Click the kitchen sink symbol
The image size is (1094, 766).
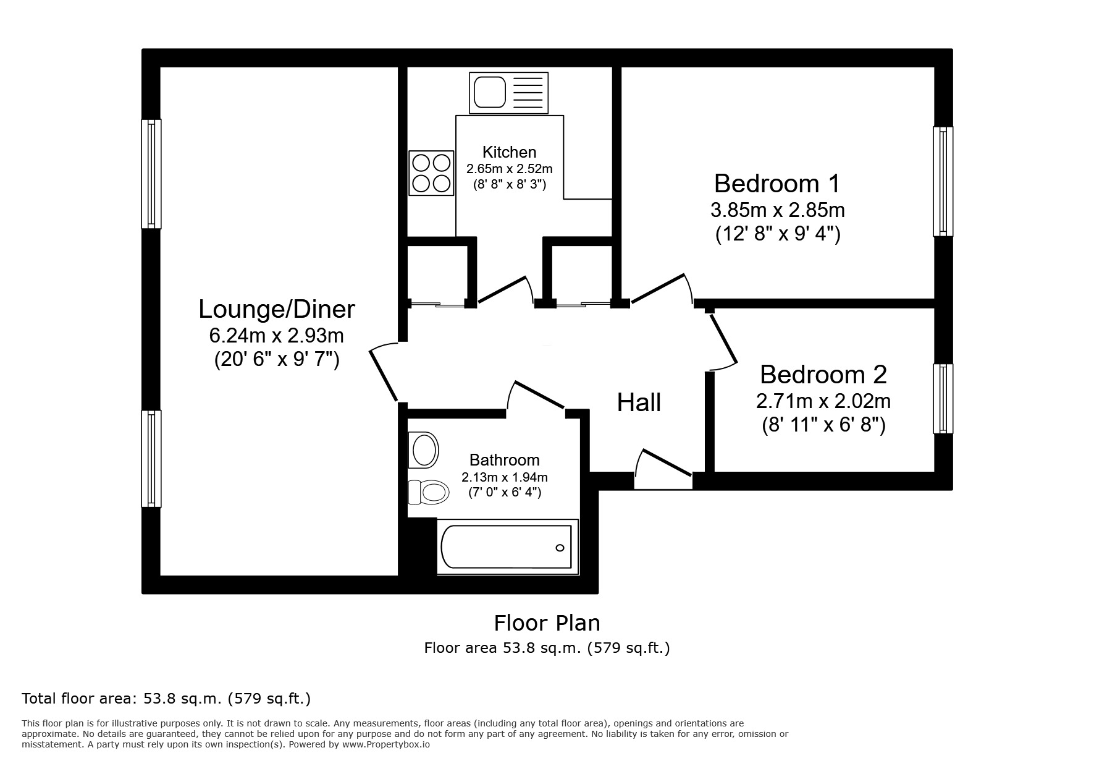(508, 93)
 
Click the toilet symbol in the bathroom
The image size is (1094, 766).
(428, 492)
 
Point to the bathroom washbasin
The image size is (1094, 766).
(424, 449)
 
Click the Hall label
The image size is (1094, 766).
(639, 402)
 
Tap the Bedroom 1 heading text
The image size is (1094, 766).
(777, 184)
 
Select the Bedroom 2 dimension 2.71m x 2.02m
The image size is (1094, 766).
(823, 401)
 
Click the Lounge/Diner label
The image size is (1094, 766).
(277, 309)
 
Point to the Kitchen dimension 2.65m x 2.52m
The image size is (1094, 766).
(509, 168)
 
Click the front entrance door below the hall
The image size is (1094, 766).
(663, 470)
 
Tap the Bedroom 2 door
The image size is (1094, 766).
(723, 341)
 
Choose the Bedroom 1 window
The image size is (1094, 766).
(943, 181)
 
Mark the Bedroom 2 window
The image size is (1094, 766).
(943, 398)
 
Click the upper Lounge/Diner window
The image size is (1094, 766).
(151, 174)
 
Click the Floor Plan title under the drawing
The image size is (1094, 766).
(547, 623)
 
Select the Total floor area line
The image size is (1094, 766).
(166, 699)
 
